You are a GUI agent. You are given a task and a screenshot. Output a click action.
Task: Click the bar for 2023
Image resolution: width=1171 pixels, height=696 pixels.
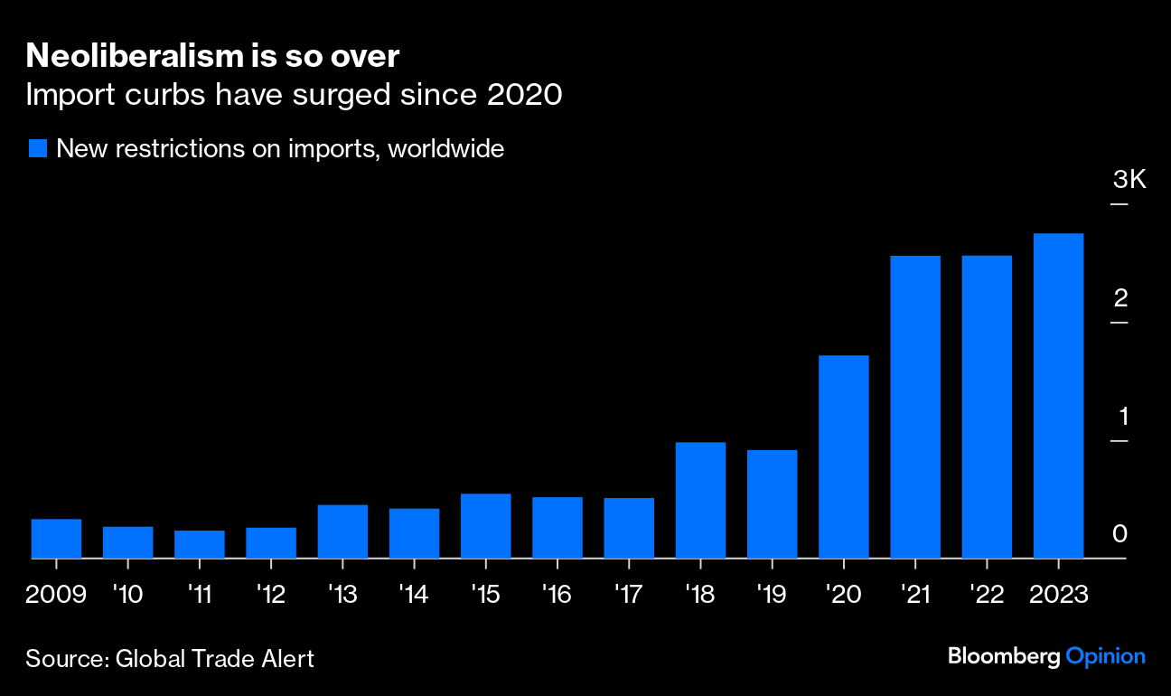pos(1058,396)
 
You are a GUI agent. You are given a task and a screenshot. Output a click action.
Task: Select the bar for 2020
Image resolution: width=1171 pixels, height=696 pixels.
pos(843,456)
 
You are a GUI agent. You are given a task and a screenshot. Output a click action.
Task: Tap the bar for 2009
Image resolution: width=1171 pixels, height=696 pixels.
pos(56,539)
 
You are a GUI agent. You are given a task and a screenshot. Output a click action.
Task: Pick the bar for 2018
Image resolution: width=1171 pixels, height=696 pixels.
pos(700,500)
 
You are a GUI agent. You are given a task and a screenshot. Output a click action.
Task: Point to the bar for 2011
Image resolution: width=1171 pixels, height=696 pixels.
pos(199,544)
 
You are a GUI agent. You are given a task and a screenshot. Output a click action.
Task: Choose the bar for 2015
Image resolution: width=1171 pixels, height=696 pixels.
pos(485,526)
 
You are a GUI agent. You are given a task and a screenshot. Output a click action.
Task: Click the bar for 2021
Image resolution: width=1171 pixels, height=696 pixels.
pos(915,407)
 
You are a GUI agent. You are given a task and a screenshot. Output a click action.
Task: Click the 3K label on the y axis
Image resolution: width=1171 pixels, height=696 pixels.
pos(1129,180)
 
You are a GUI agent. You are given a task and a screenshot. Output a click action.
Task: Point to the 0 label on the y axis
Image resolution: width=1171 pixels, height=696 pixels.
pos(1120,534)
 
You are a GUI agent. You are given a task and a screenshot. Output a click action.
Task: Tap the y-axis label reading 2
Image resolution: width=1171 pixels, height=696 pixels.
pos(1120,298)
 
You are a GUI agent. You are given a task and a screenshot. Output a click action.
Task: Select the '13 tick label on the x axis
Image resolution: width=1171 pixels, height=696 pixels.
pos(342,596)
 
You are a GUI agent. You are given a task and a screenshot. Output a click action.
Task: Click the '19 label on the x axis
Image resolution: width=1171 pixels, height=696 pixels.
pos(772,596)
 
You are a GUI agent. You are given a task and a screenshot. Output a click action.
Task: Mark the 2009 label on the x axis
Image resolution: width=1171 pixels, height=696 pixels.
pos(56,596)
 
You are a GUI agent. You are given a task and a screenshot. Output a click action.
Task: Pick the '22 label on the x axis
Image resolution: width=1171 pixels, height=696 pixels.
pos(987,596)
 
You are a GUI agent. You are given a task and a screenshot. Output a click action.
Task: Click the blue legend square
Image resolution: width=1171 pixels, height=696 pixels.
pos(37,149)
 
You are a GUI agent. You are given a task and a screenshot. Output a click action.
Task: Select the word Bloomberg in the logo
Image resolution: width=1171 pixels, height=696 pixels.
pos(1003,657)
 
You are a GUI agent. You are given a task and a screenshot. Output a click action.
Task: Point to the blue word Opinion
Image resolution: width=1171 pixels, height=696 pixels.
pos(1105,657)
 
